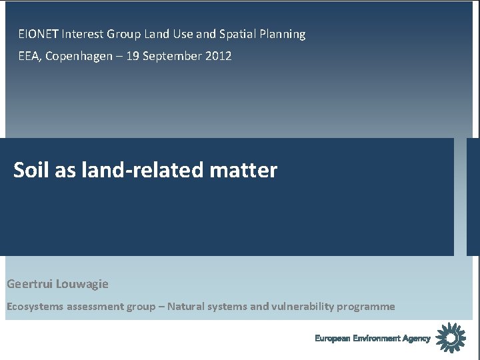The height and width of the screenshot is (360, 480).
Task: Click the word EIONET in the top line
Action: click(x=39, y=34)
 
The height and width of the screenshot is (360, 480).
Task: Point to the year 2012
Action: click(x=219, y=56)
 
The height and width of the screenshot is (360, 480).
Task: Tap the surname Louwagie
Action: click(x=83, y=284)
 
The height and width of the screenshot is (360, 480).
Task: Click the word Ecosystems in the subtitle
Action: click(x=35, y=307)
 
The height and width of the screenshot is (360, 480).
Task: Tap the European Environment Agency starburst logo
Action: click(x=451, y=337)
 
